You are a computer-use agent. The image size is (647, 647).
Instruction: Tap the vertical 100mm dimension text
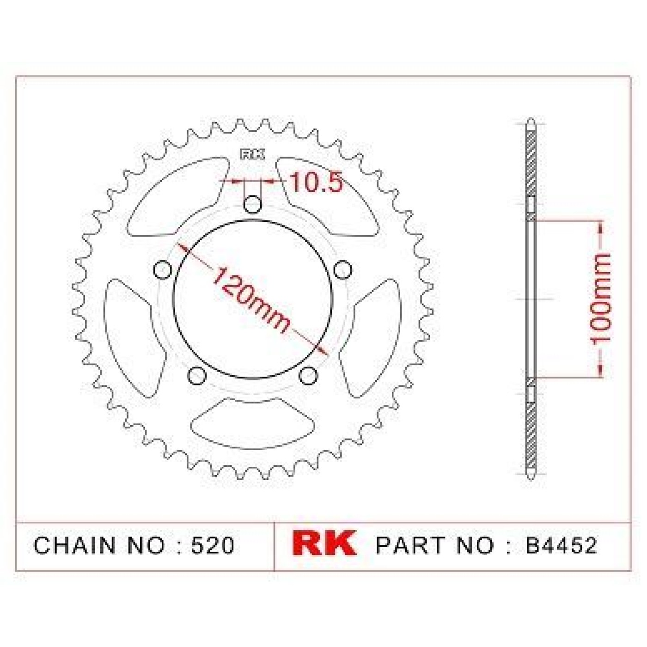[600, 299]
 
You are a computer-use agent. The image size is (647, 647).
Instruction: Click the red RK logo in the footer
[323, 543]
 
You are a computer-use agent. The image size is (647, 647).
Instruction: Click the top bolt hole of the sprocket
[252, 204]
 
